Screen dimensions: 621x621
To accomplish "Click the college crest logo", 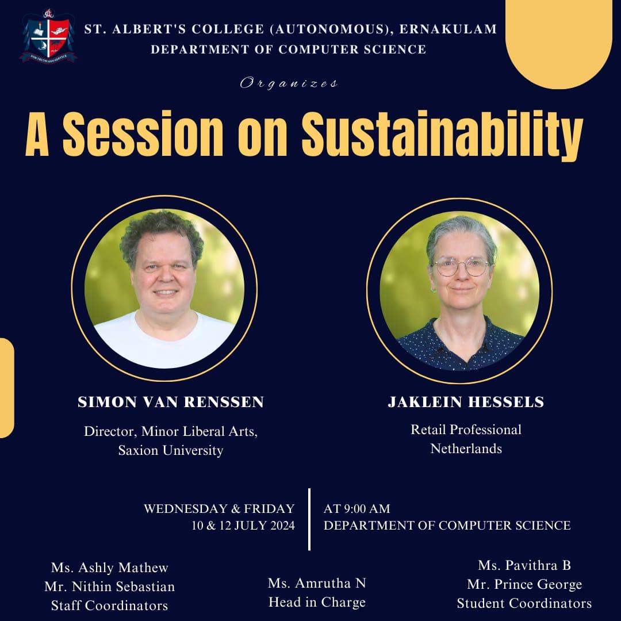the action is click(x=48, y=36).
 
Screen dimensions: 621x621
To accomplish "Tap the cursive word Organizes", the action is click(x=289, y=83).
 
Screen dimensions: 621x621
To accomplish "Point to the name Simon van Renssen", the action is click(x=171, y=401).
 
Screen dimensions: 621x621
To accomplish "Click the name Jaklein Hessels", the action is click(x=466, y=401).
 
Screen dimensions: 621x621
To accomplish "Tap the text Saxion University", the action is click(x=171, y=450).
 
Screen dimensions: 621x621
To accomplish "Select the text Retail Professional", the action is click(x=466, y=430).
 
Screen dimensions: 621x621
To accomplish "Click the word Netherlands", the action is click(x=466, y=448).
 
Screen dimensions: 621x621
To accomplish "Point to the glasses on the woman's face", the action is click(x=462, y=267).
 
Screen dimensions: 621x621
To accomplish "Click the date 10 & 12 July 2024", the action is click(x=243, y=526).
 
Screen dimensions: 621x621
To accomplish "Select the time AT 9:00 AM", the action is click(x=357, y=508).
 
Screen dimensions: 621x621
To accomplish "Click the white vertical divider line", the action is click(x=309, y=519).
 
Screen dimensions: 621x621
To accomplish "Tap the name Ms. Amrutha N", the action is click(x=317, y=583).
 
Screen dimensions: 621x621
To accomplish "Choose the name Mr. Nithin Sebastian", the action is click(x=110, y=586).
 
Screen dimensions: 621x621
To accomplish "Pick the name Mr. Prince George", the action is click(x=524, y=584).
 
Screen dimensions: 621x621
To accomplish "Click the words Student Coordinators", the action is click(x=524, y=603).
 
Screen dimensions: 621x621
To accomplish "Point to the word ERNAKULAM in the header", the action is click(x=448, y=29).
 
